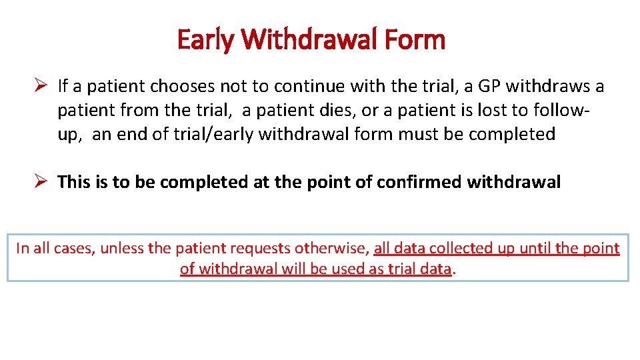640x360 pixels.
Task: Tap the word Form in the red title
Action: [x=415, y=40]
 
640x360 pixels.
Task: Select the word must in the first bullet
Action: [x=415, y=134]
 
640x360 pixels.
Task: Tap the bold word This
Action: [x=74, y=182]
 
